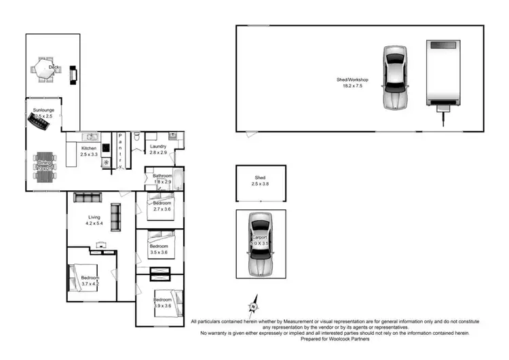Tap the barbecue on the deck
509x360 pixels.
click(73, 72)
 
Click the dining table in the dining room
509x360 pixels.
click(45, 166)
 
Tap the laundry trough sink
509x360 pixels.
click(173, 136)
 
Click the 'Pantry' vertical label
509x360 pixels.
click(120, 151)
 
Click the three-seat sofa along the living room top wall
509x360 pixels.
click(88, 198)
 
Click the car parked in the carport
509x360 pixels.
click(259, 243)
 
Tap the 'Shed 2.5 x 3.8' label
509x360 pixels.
click(259, 181)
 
